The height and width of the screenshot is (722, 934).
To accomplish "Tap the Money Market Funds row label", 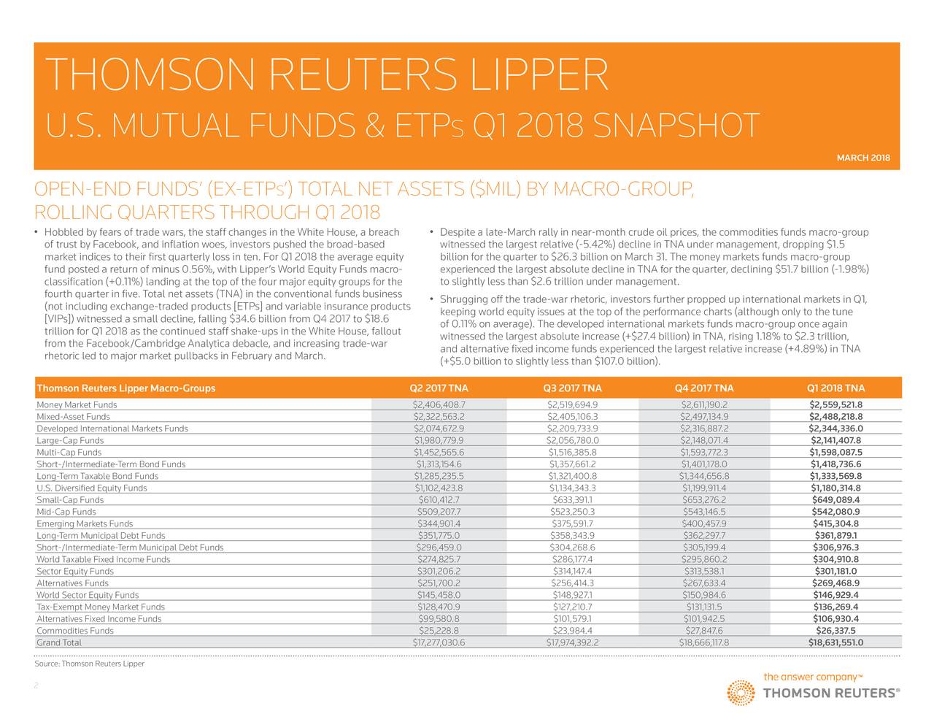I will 77,405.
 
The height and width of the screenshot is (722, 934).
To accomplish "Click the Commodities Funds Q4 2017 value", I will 704,631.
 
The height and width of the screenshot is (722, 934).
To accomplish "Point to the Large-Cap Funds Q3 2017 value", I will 572,440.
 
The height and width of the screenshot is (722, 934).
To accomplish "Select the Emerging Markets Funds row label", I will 85,523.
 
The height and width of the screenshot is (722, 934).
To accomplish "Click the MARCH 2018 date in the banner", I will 863,158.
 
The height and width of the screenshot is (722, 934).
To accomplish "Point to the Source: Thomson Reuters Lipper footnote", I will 89,664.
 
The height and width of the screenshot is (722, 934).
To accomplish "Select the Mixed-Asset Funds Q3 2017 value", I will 572,417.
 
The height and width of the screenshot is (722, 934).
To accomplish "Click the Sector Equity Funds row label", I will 75,572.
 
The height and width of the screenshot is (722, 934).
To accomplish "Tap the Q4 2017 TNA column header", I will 704,388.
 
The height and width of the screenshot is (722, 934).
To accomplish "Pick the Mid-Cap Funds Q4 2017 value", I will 704,512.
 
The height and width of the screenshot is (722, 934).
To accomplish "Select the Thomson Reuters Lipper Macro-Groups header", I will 126,388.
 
